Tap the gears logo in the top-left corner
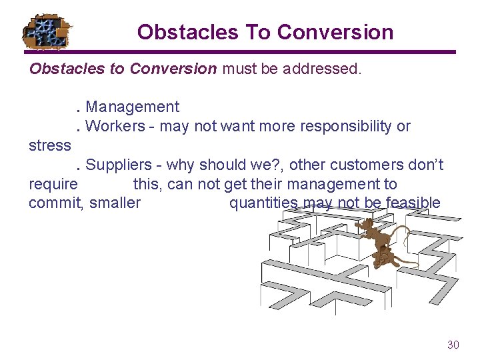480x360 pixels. (46, 31)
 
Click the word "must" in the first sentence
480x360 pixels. (239, 69)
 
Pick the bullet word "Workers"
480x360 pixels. (115, 126)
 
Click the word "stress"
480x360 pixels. (50, 145)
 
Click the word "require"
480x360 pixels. (53, 184)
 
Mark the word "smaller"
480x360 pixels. (115, 203)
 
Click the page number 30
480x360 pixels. (453, 345)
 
